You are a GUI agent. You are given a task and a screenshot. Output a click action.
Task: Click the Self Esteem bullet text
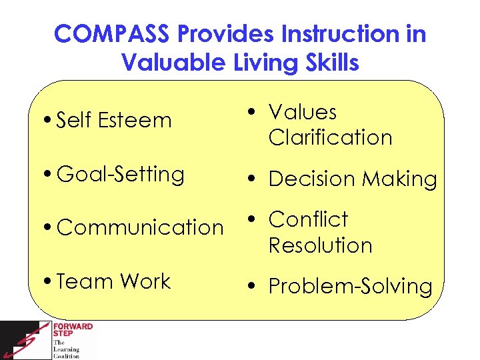pyautogui.click(x=114, y=121)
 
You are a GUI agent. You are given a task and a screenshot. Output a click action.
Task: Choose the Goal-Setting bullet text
pyautogui.click(x=121, y=175)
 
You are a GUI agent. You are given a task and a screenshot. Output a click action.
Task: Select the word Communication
pyautogui.click(x=141, y=227)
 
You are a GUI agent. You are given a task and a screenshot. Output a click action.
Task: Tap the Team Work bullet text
pyautogui.click(x=114, y=281)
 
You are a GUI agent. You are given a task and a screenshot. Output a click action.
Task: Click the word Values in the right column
pyautogui.click(x=302, y=112)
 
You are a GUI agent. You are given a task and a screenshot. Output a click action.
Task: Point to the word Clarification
pyautogui.click(x=330, y=137)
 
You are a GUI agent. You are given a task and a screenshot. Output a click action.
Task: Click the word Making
pyautogui.click(x=399, y=179)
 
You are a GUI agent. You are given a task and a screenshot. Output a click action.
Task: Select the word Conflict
pyautogui.click(x=308, y=219)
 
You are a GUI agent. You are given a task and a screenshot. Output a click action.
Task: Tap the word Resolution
pyautogui.click(x=320, y=245)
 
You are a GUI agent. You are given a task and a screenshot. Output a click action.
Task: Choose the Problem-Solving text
pyautogui.click(x=350, y=287)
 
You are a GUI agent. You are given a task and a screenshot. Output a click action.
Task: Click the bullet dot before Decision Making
pyautogui.click(x=247, y=179)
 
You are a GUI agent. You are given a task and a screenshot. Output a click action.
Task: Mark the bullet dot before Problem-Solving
pyautogui.click(x=247, y=287)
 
